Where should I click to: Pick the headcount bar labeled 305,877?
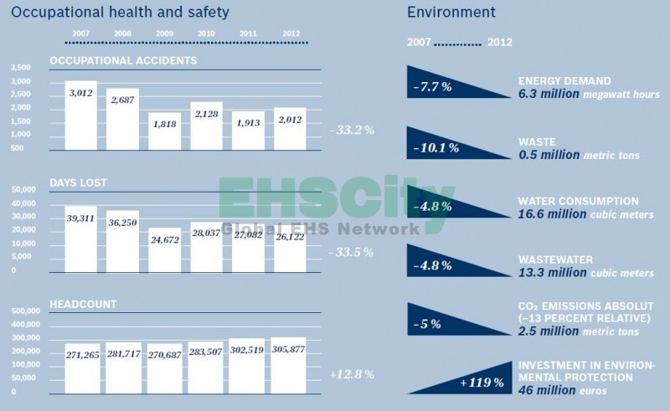(x=290, y=366)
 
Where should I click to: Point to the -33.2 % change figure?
(x=351, y=130)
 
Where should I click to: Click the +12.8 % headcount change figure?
(x=352, y=374)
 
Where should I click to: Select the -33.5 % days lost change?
(x=351, y=252)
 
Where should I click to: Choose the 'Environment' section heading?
(x=451, y=12)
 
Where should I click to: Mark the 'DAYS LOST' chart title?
(x=78, y=182)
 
